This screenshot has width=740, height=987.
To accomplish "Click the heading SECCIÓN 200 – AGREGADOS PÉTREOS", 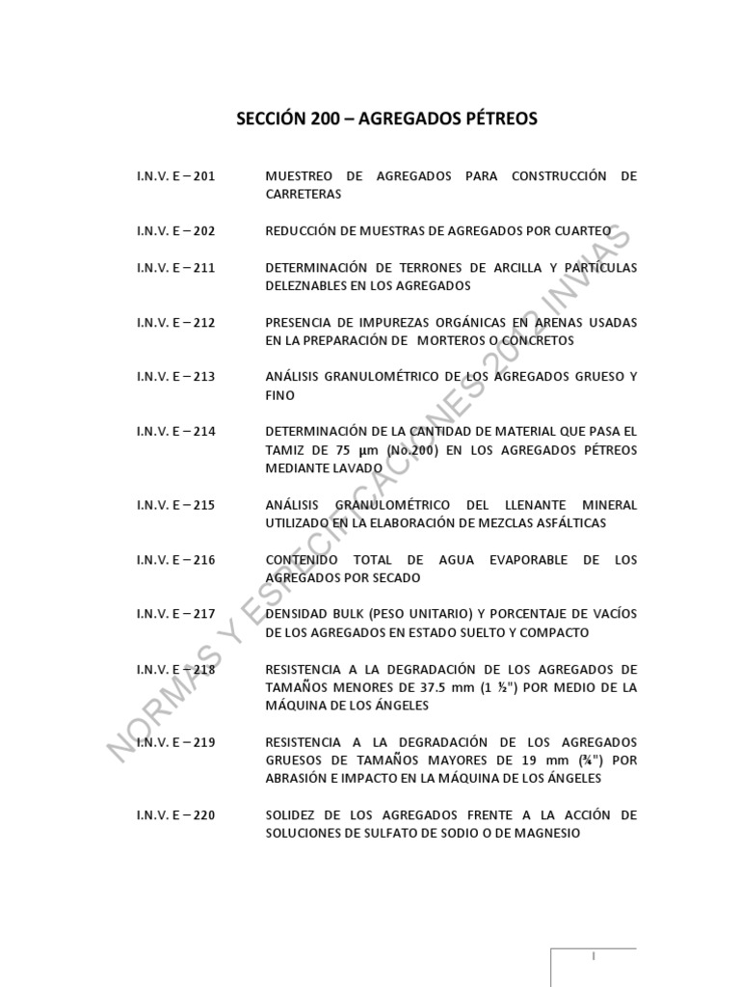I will (x=387, y=120).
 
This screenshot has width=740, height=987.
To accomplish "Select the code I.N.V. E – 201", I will (x=176, y=176).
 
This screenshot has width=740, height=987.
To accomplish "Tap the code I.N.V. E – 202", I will (x=176, y=231).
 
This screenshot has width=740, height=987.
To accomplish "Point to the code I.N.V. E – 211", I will (x=176, y=267).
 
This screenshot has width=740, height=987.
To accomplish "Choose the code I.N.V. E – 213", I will (x=176, y=377).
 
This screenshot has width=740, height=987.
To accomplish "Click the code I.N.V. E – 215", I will (x=176, y=504).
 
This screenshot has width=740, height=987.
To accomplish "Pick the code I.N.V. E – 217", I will (x=176, y=614).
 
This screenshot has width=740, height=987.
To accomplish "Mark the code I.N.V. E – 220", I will (x=176, y=815).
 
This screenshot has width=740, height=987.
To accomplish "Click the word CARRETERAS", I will (x=304, y=195).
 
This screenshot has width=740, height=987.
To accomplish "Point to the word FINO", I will (x=280, y=395).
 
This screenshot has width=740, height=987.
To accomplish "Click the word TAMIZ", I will (x=286, y=450).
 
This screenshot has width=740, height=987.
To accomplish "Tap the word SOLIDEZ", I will (x=290, y=815).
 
